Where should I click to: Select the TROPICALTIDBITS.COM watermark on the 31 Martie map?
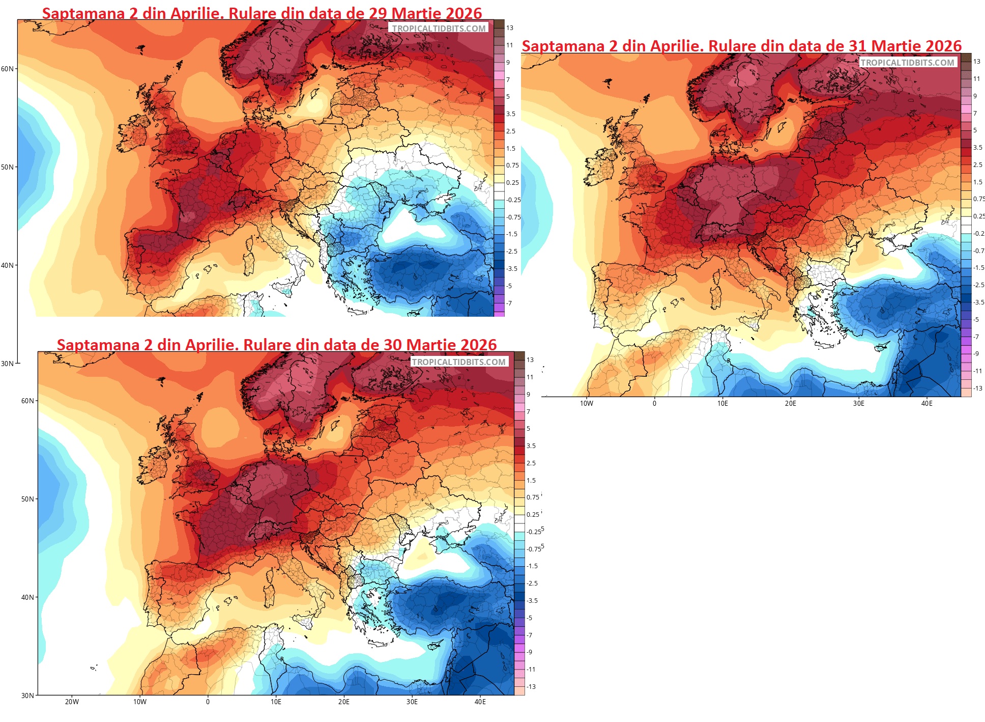click(907, 63)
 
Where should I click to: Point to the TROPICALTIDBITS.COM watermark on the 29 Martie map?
click(439, 29)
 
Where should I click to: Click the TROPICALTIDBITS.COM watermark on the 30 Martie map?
click(458, 362)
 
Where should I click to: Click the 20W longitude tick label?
click(72, 702)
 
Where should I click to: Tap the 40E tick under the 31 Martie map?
click(926, 403)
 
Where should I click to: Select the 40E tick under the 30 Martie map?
click(480, 702)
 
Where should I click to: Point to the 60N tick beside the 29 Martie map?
click(8, 69)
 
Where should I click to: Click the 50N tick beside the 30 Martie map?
click(28, 499)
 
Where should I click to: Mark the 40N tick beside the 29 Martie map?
click(8, 265)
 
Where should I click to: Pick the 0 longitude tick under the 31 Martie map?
click(654, 403)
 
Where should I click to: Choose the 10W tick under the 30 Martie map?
click(140, 702)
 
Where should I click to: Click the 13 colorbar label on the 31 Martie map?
click(976, 62)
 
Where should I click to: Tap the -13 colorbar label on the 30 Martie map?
click(531, 686)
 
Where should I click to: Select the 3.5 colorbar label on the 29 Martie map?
click(510, 114)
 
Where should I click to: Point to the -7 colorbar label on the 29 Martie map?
click(509, 303)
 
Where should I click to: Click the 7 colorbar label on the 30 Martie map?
click(528, 411)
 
